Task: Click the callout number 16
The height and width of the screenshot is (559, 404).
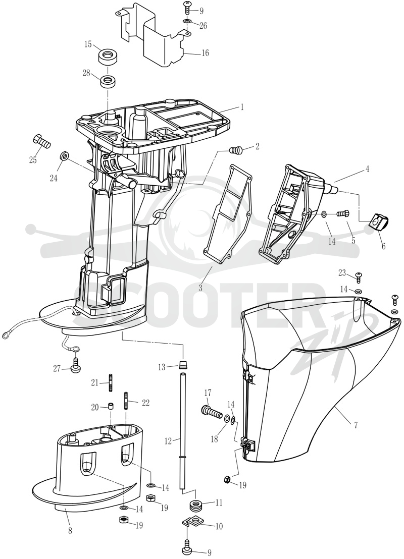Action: pyautogui.click(x=205, y=53)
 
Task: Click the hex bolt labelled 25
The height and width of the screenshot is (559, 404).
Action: pyautogui.click(x=41, y=142)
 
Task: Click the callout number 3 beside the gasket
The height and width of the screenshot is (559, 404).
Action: pyautogui.click(x=200, y=288)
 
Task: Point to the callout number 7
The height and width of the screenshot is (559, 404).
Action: pyautogui.click(x=356, y=425)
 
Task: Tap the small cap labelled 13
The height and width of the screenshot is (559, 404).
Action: pyautogui.click(x=183, y=364)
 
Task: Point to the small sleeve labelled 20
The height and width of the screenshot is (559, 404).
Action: pyautogui.click(x=111, y=407)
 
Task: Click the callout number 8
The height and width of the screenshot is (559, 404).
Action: pyautogui.click(x=70, y=531)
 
